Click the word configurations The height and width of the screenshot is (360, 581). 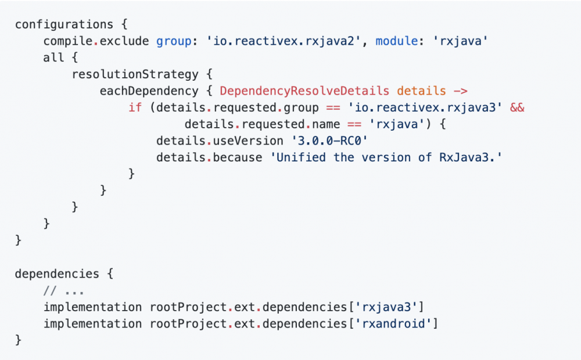pos(64,24)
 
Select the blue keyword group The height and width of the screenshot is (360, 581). pos(174,41)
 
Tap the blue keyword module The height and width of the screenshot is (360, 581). pos(397,41)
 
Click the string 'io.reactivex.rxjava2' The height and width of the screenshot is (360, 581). pos(284,41)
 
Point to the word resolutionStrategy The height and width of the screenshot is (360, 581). pos(135,74)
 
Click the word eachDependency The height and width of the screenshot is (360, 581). pos(149,91)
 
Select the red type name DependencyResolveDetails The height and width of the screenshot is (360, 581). pos(304,91)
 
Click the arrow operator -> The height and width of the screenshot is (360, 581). pos(460,91)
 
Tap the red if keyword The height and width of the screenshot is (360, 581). pos(135,107)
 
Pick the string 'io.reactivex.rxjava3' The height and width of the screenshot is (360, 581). pos(425,108)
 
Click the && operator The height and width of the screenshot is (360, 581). pos(517,107)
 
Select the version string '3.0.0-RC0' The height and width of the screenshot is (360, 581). pos(329,141)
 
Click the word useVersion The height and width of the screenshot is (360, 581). pos(248,141)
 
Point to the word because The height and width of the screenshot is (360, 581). pos(238,157)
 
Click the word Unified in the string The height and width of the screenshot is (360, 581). pos(301,157)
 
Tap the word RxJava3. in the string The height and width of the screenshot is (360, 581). pos(467,158)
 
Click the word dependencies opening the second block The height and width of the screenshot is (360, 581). pos(57,274)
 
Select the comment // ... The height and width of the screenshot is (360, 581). pos(50,291)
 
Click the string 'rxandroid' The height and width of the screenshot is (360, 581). pos(393,323)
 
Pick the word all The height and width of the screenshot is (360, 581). pos(53,57)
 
